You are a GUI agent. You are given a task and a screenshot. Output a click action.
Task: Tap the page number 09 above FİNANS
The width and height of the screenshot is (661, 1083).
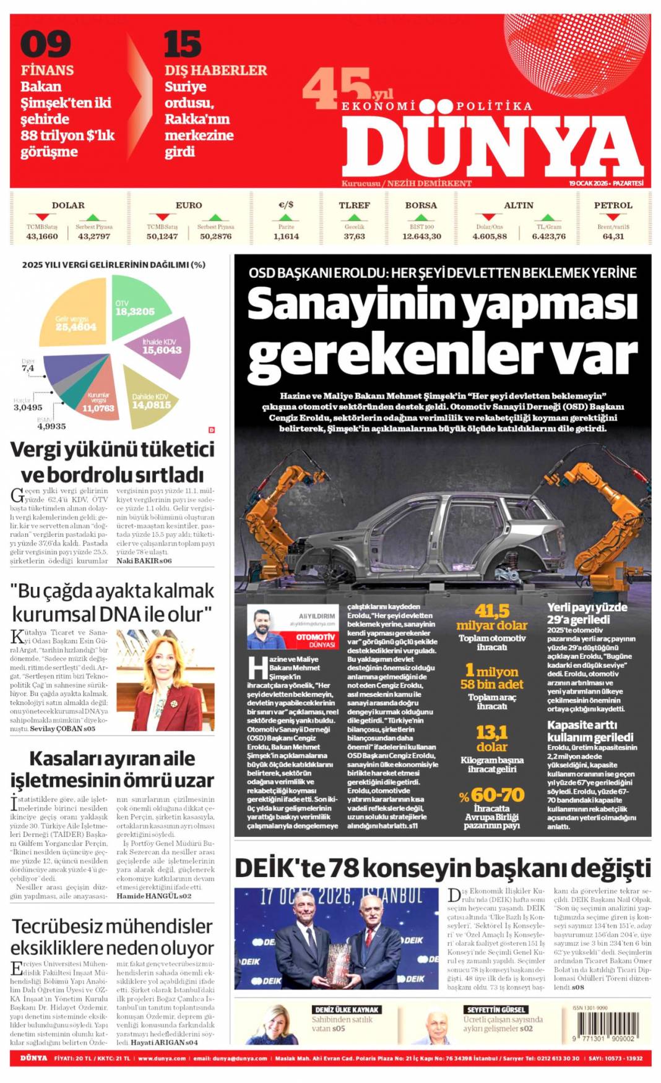45,45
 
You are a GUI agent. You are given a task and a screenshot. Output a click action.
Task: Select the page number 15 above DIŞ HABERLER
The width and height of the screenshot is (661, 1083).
182,45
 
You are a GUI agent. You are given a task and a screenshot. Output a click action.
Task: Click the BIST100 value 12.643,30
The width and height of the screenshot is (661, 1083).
421,236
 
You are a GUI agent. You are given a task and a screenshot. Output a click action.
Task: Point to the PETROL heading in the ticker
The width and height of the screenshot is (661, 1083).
613,205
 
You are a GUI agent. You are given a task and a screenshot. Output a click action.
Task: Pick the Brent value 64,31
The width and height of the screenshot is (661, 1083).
613,236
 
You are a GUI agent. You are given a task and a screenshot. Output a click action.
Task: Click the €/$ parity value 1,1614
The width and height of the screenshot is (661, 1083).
286,236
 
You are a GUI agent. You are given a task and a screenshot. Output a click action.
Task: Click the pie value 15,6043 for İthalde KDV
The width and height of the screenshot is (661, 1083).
162,350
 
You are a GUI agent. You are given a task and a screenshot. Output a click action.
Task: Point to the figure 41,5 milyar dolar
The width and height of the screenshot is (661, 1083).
492,617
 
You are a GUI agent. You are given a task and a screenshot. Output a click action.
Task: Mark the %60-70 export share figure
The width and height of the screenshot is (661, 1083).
492,795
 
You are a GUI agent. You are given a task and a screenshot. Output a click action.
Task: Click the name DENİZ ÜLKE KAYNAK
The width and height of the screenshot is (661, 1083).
346,1010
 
